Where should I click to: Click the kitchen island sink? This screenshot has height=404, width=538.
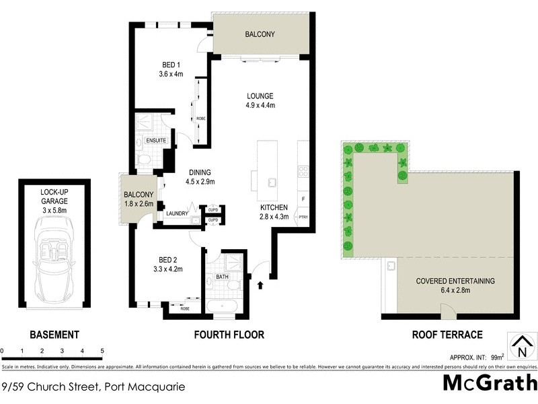pos(272,182)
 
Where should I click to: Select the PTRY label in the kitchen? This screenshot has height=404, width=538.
pos(303,217)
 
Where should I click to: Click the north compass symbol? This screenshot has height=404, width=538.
pos(520,347)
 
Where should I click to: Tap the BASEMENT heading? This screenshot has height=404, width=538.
pos(54,335)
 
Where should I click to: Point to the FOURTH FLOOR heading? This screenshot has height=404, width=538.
pos(229,335)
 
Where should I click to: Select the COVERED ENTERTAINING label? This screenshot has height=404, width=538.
pos(455,281)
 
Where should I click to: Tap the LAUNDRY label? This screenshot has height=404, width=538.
pos(177,213)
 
